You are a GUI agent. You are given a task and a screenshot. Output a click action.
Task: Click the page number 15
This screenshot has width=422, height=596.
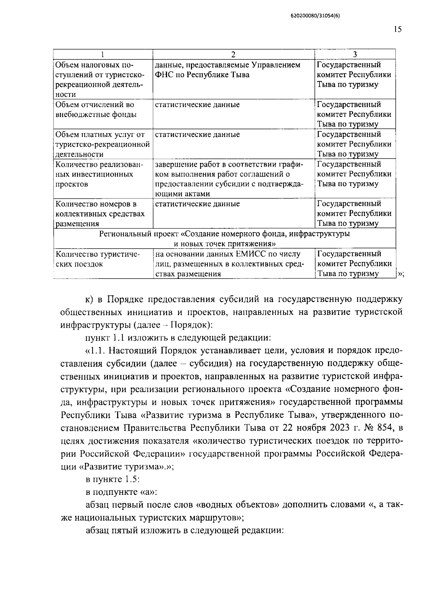click(397, 30)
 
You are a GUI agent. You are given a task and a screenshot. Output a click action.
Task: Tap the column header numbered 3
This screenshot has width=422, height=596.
click(355, 54)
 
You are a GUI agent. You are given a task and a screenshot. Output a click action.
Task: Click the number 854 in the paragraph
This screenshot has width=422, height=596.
click(385, 428)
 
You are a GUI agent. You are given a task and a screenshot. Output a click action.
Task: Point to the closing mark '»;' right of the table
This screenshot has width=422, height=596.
click(401, 274)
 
